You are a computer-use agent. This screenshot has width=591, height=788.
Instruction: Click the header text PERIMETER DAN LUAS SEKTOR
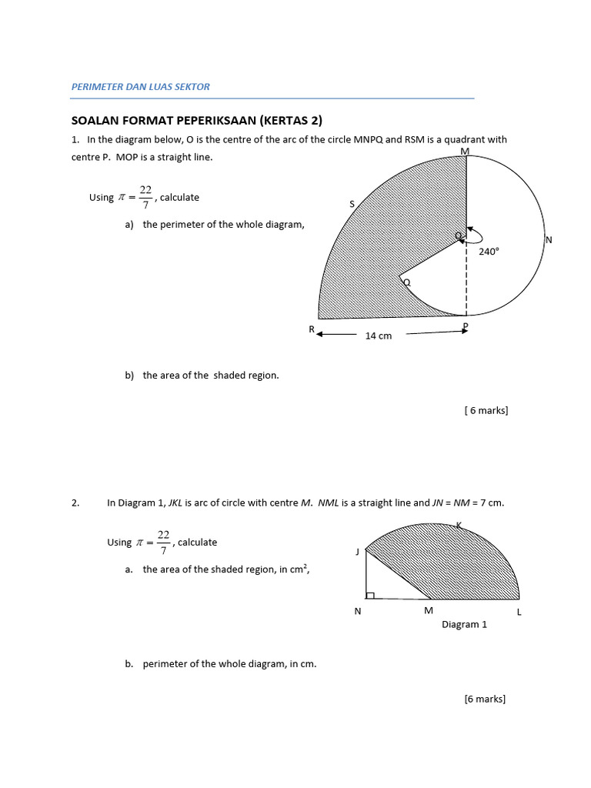(140, 87)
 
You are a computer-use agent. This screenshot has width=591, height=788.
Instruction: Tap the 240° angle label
(489, 251)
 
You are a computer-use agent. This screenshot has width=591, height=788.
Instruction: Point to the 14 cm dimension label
(378, 336)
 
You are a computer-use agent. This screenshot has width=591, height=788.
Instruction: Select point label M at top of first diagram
(465, 152)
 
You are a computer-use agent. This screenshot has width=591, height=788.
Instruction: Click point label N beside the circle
(549, 240)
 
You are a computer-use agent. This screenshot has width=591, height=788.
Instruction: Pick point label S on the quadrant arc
(352, 204)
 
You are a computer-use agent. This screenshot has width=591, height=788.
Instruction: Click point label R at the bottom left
(312, 329)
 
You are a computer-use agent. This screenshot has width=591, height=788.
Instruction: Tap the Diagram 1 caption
(464, 625)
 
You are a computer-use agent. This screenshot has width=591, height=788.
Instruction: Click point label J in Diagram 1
(358, 552)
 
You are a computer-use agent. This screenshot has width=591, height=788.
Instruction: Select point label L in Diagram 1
(519, 612)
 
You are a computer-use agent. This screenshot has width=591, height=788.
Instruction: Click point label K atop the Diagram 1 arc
(459, 525)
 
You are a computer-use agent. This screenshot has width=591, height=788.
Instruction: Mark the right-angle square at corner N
(370, 596)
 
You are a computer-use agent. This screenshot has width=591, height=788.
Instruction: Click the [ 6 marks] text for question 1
(486, 411)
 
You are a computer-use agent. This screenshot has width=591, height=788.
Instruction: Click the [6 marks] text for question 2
(485, 699)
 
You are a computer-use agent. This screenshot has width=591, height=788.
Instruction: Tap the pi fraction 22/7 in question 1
(145, 197)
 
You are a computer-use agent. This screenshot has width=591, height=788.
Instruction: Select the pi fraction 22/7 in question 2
(163, 543)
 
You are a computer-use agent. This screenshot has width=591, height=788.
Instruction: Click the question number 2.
(75, 503)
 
